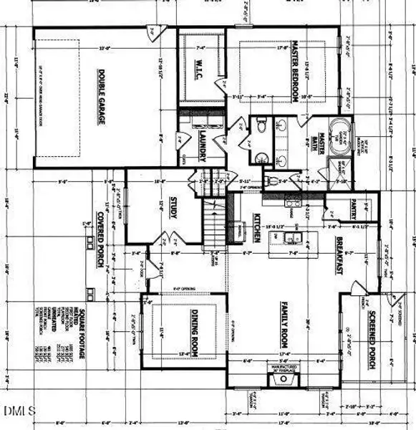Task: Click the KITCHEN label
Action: [256, 228]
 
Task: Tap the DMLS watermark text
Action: [21, 411]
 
